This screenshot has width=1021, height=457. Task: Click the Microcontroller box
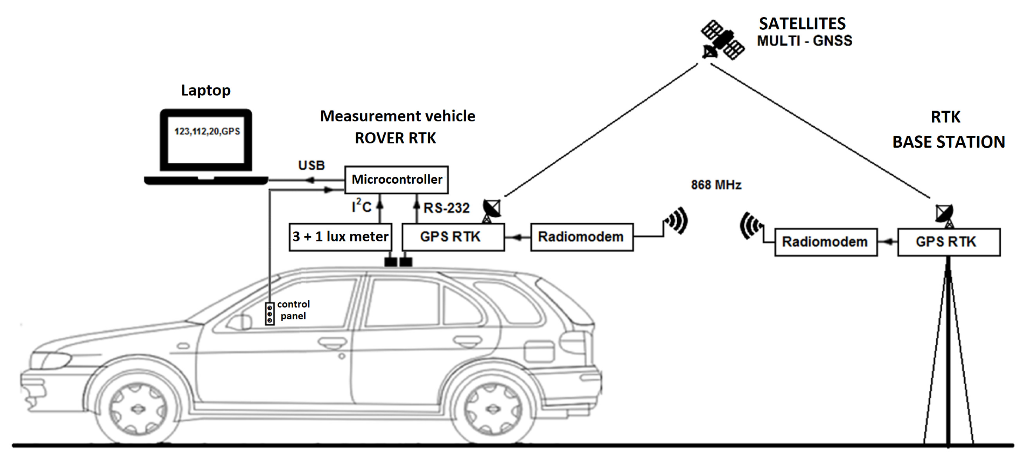coord(396,180)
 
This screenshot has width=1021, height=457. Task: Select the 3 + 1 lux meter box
coord(341,237)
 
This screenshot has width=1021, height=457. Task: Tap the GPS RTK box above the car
coord(453,237)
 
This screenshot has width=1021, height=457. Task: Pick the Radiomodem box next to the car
coord(581,237)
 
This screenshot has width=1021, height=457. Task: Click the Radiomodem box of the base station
coord(826,242)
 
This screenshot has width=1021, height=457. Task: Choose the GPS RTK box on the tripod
coord(949,242)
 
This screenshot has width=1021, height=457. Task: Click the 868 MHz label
coord(716,185)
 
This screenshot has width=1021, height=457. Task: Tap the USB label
coord(311,166)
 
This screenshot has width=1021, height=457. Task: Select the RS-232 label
coord(446,208)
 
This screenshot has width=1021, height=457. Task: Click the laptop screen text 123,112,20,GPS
coord(207,132)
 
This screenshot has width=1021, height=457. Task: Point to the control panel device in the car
coord(270,314)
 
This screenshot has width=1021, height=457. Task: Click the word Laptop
coord(206,90)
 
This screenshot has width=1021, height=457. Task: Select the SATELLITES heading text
coord(802,24)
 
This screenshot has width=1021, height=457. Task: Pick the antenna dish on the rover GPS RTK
coord(491,210)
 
